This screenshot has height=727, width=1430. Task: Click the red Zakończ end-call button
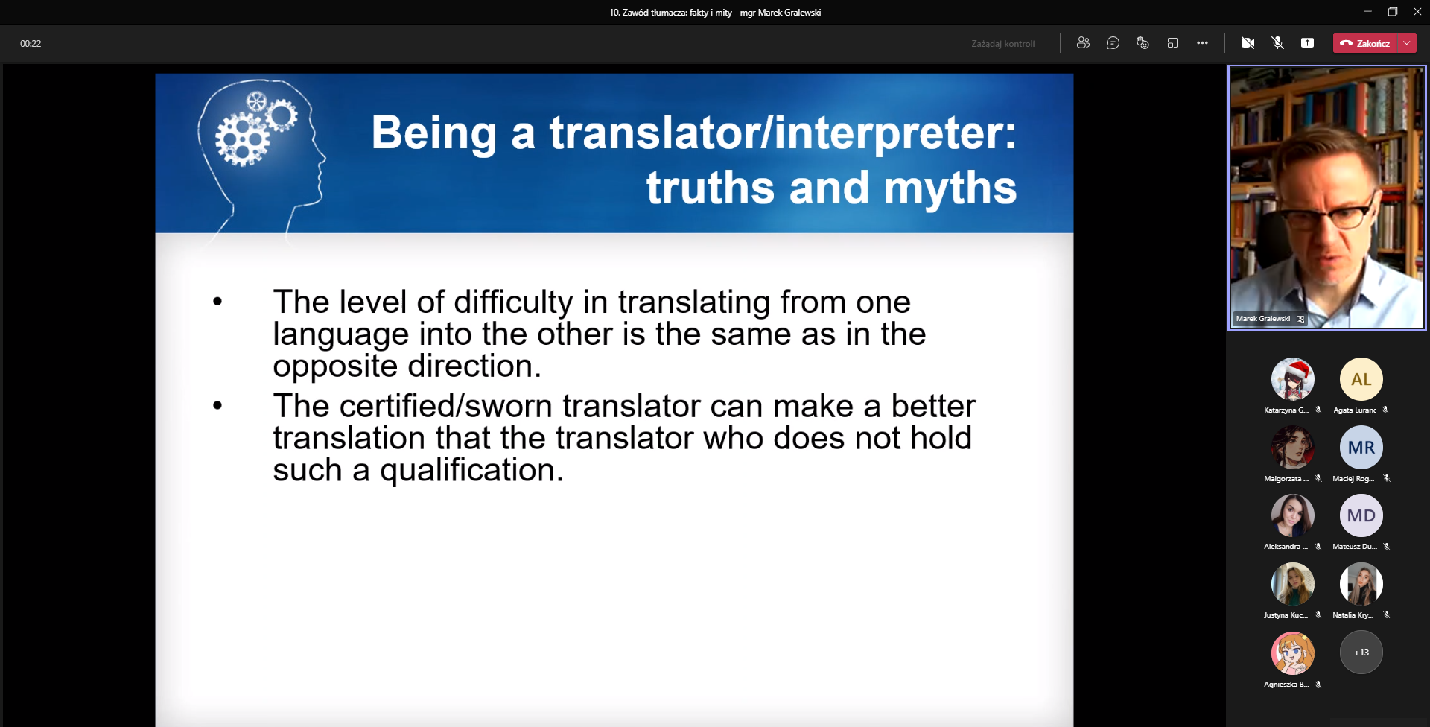pos(1364,43)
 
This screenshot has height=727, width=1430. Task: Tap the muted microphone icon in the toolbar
pos(1277,43)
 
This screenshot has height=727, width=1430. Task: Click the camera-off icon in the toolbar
pos(1248,43)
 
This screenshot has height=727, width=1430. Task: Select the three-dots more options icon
pos(1202,43)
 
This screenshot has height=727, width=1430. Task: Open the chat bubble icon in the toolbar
pos(1113,43)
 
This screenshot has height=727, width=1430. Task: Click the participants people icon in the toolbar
pos(1083,43)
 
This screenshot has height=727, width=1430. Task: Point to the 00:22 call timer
pos(31,44)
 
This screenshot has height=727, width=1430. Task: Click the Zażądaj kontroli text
pos(1002,44)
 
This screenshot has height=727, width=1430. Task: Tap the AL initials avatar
pos(1361,379)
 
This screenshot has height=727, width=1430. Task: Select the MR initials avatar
pos(1361,447)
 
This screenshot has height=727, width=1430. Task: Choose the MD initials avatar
pos(1361,515)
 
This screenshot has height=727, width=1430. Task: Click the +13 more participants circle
pos(1361,653)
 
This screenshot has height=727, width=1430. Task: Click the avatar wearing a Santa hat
pos(1292,379)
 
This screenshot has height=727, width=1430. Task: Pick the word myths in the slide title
pos(950,187)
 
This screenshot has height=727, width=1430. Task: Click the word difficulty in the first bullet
pos(513,302)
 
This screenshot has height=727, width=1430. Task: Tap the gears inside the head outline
pos(255,128)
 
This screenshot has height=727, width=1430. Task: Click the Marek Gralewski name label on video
pos(1263,319)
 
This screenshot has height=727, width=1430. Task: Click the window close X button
pos(1417,12)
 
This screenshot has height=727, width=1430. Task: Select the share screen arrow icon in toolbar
pos(1307,43)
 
